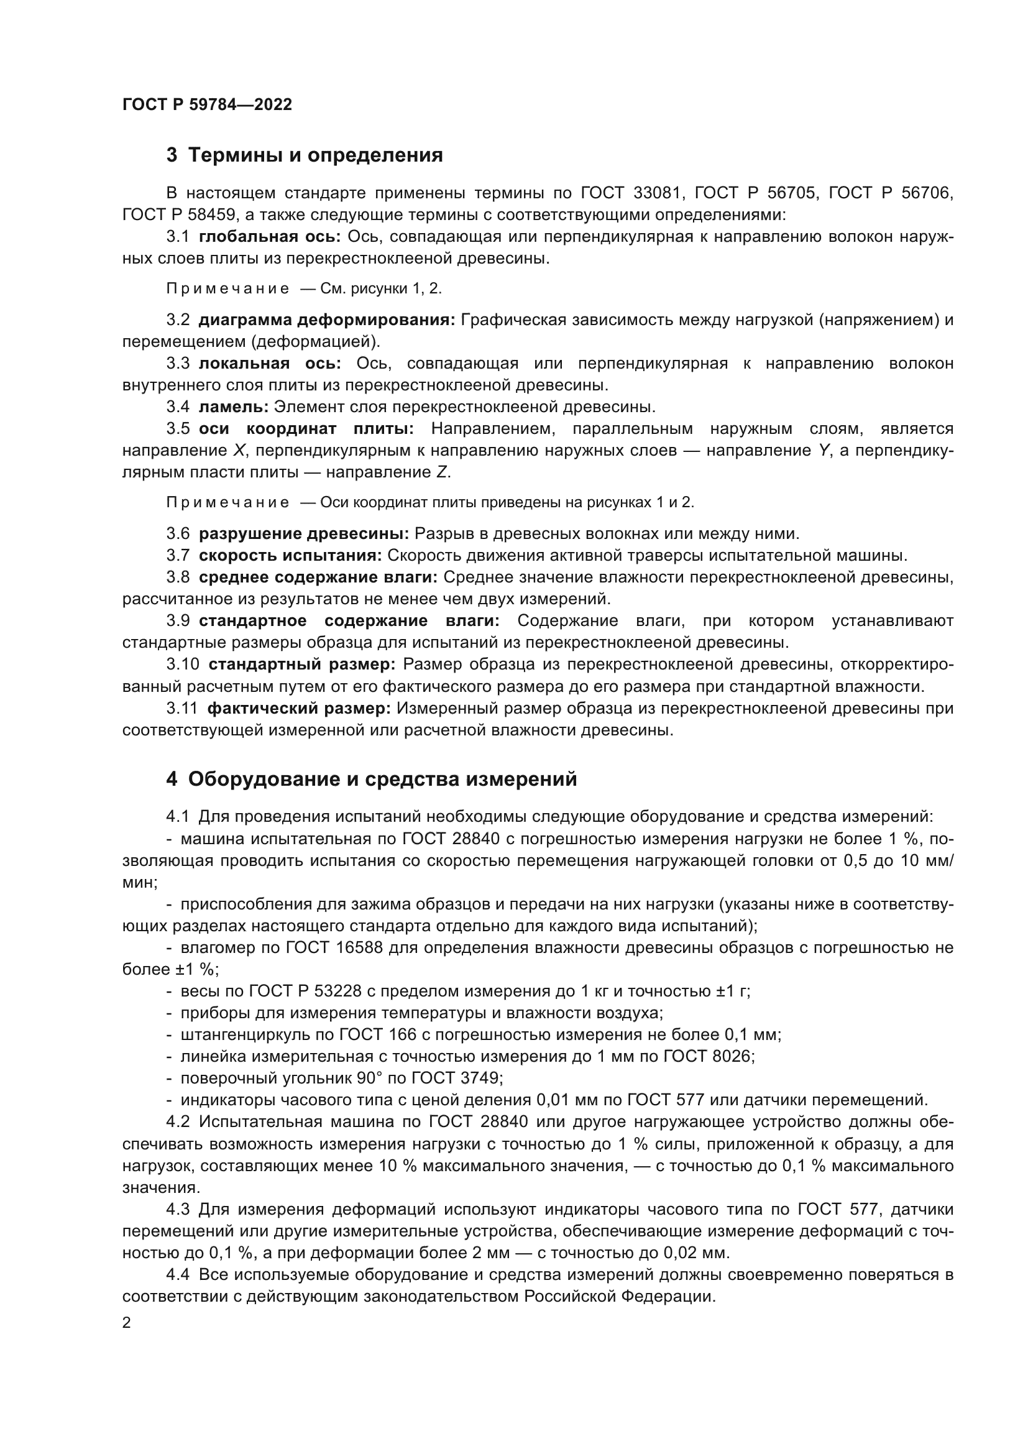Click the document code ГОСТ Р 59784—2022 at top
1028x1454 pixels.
coord(207,105)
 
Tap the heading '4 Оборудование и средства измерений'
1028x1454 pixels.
coord(372,780)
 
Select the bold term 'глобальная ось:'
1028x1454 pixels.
coord(270,237)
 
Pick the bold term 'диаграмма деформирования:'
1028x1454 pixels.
coord(327,320)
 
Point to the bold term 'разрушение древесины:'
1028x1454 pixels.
coord(304,533)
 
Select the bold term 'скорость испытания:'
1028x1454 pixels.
coord(290,555)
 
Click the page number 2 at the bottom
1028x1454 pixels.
coord(127,1323)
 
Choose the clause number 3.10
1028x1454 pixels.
coord(182,665)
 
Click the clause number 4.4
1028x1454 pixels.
coord(177,1275)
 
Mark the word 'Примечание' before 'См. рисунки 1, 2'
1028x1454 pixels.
coord(228,289)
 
